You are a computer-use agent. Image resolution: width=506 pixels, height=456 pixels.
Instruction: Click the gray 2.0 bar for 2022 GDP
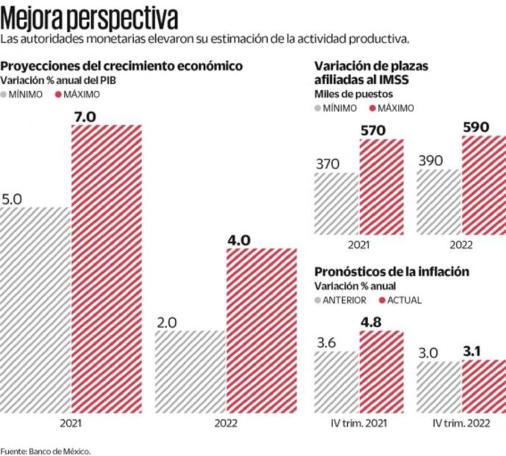(190, 371)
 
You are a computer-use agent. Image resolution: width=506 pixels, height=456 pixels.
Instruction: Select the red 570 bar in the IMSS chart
(381, 187)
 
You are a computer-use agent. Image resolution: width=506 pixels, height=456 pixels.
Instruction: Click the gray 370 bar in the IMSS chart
(336, 204)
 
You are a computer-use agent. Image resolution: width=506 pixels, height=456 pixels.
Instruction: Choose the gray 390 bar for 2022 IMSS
(438, 202)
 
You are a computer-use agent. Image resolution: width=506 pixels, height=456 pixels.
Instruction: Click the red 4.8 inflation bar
(381, 371)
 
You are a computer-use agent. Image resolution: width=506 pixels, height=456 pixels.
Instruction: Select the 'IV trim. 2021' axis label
(358, 424)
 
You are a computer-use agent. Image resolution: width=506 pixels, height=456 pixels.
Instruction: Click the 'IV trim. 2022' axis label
(461, 424)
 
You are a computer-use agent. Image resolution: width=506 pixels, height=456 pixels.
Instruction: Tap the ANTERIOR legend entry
(342, 300)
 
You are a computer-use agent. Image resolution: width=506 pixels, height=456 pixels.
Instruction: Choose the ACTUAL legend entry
(400, 300)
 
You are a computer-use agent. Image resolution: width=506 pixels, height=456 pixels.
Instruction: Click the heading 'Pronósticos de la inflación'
(391, 271)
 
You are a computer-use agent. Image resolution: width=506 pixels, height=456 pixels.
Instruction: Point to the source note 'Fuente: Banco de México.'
(46, 451)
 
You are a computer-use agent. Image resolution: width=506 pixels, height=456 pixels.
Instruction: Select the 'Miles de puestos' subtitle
(353, 93)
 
